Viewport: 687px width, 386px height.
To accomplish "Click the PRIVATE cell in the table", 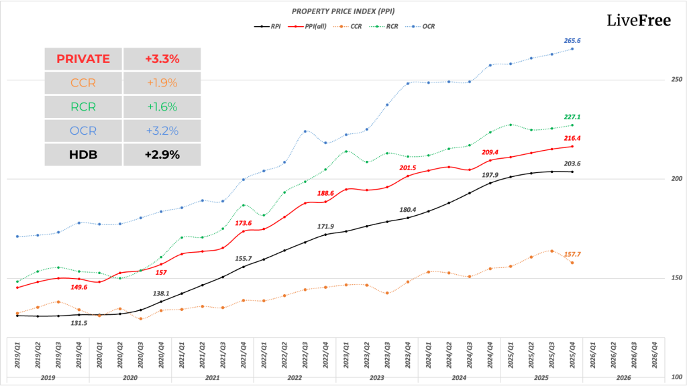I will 83,59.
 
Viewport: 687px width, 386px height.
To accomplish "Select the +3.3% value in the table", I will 162,59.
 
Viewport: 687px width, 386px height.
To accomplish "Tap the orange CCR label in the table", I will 83,83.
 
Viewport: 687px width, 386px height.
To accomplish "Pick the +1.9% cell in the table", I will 162,83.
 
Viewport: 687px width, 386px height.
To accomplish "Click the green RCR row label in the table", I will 83,107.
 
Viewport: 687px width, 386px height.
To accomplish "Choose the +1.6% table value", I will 162,107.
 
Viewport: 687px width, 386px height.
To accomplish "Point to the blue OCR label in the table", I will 83,131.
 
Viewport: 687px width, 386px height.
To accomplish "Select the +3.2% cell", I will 162,131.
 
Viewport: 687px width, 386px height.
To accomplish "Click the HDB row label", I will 83,155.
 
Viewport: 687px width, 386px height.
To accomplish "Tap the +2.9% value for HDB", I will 162,155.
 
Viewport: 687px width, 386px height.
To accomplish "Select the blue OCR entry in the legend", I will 423,27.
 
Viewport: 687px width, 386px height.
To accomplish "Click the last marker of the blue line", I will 572,49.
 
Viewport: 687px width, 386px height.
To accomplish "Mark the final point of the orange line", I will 572,262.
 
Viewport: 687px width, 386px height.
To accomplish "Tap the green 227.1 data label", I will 572,117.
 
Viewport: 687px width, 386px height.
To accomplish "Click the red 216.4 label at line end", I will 572,138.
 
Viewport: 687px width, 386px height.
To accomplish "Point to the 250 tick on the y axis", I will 676,80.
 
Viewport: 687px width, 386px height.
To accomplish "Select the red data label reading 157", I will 161,272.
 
